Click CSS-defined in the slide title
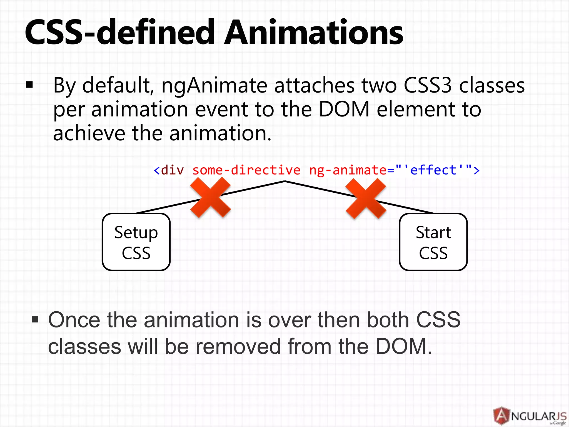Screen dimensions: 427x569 point(119,33)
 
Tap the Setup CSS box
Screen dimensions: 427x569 point(136,242)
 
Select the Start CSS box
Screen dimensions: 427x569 point(433,242)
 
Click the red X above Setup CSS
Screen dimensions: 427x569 point(211,197)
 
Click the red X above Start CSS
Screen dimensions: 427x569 point(366,198)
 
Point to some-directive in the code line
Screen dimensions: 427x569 point(246,170)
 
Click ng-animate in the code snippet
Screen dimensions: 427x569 point(347,170)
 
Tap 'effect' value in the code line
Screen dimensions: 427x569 point(433,170)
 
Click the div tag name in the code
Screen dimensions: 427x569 point(172,170)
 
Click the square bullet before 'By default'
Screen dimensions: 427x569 point(29,85)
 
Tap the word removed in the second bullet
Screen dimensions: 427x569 point(238,346)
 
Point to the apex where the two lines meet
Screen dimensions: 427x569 point(285,181)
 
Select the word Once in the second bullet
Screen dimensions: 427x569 point(74,320)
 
